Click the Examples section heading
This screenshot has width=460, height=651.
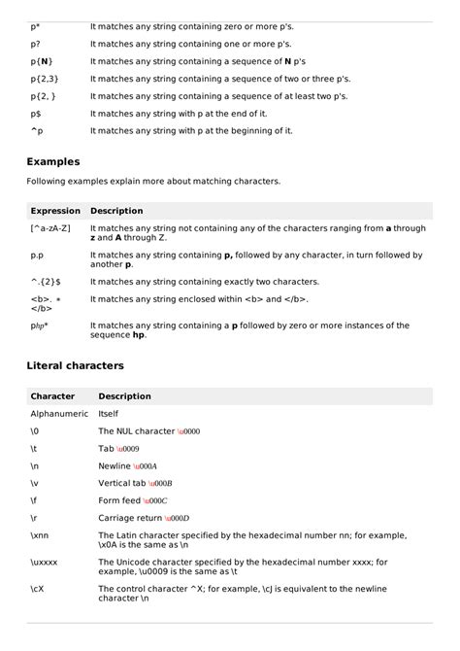click(x=53, y=161)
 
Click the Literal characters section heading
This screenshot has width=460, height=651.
click(x=75, y=365)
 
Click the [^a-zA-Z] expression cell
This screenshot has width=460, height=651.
click(x=50, y=228)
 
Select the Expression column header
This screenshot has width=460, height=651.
click(x=55, y=211)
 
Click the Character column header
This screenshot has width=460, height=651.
click(x=53, y=396)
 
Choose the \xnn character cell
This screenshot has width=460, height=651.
click(x=40, y=535)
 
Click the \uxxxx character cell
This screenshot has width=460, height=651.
click(x=45, y=562)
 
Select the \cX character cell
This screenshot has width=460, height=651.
click(x=37, y=588)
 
